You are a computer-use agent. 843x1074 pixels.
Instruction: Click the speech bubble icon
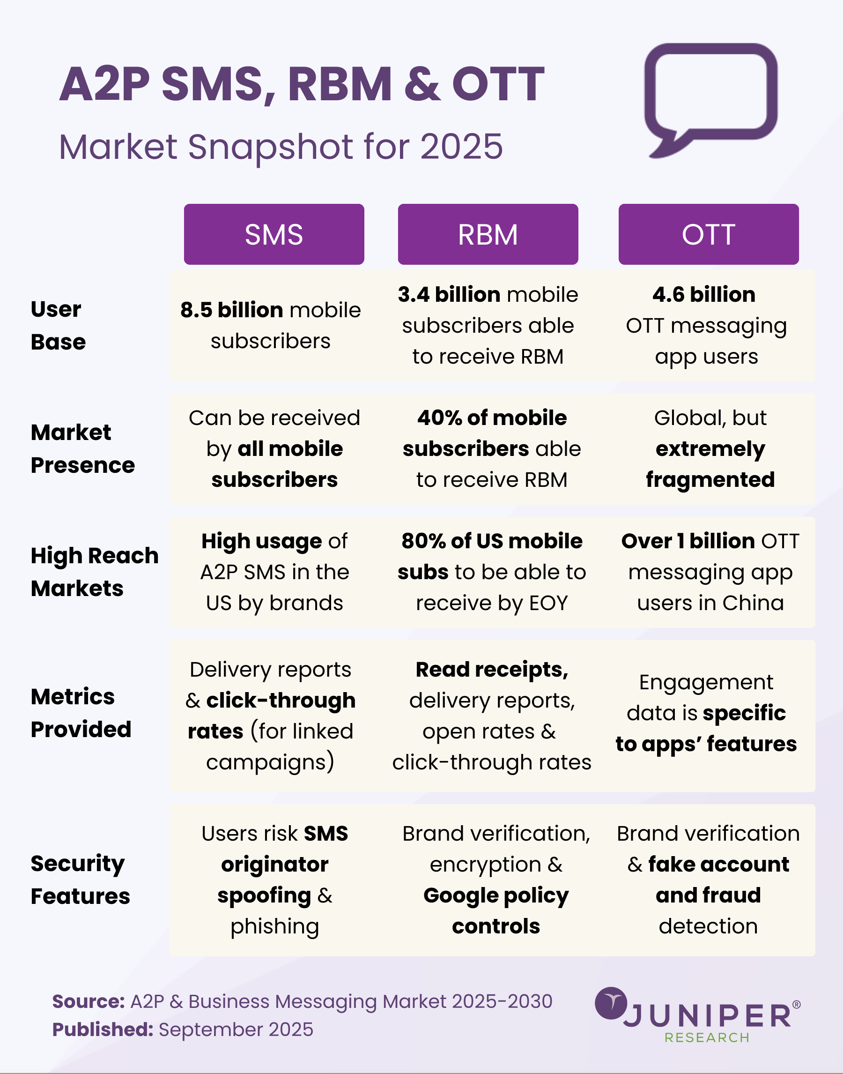710,99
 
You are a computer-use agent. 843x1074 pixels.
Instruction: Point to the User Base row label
58,325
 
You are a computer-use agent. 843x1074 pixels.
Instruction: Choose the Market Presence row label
82,448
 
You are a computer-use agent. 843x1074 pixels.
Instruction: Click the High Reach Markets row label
94,572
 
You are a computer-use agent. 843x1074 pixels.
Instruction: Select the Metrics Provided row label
81,713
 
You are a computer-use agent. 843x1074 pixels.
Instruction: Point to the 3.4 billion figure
449,295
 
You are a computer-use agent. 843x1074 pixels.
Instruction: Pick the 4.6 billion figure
703,295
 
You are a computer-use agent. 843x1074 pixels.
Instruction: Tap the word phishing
274,926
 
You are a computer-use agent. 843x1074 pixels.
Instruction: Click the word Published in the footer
103,1029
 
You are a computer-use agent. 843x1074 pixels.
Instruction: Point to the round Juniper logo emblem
611,1003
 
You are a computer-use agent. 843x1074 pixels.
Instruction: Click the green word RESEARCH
707,1037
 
